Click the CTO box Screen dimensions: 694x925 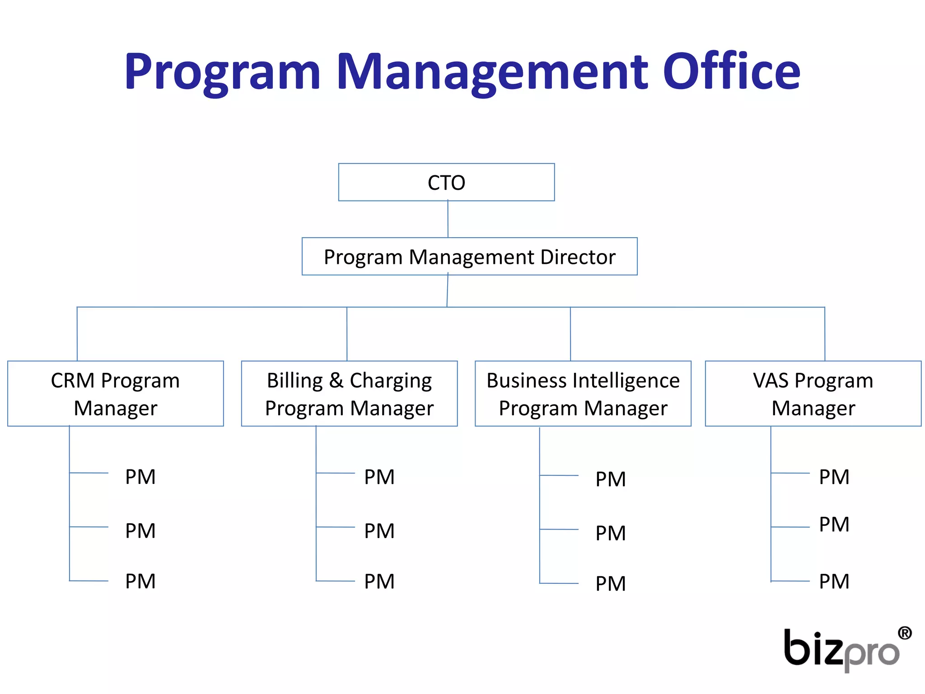pyautogui.click(x=446, y=182)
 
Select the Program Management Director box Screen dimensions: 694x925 pyautogui.click(x=469, y=257)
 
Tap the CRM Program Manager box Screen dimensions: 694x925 pyautogui.click(x=115, y=394)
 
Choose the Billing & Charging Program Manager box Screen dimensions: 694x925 pyautogui.click(x=349, y=394)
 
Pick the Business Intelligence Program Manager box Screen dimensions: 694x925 pyautogui.click(x=583, y=394)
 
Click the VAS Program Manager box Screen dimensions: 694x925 pyautogui.click(x=813, y=394)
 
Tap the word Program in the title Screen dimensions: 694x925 pyautogui.click(x=222, y=72)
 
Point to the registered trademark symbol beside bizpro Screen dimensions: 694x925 pyautogui.click(x=905, y=633)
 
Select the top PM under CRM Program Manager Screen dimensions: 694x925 pyautogui.click(x=140, y=477)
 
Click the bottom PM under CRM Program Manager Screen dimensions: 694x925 pyautogui.click(x=140, y=581)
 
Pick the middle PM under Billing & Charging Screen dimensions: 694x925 pyautogui.click(x=379, y=531)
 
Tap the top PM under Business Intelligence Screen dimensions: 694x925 pyautogui.click(x=611, y=479)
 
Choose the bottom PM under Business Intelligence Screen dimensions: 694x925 pyautogui.click(x=611, y=584)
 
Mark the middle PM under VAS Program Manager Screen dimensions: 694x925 pyautogui.click(x=834, y=525)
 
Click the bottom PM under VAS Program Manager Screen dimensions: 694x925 pyautogui.click(x=834, y=581)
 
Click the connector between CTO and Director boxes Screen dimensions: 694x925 pyautogui.click(x=448, y=219)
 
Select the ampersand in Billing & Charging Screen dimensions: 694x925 pyautogui.click(x=336, y=380)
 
